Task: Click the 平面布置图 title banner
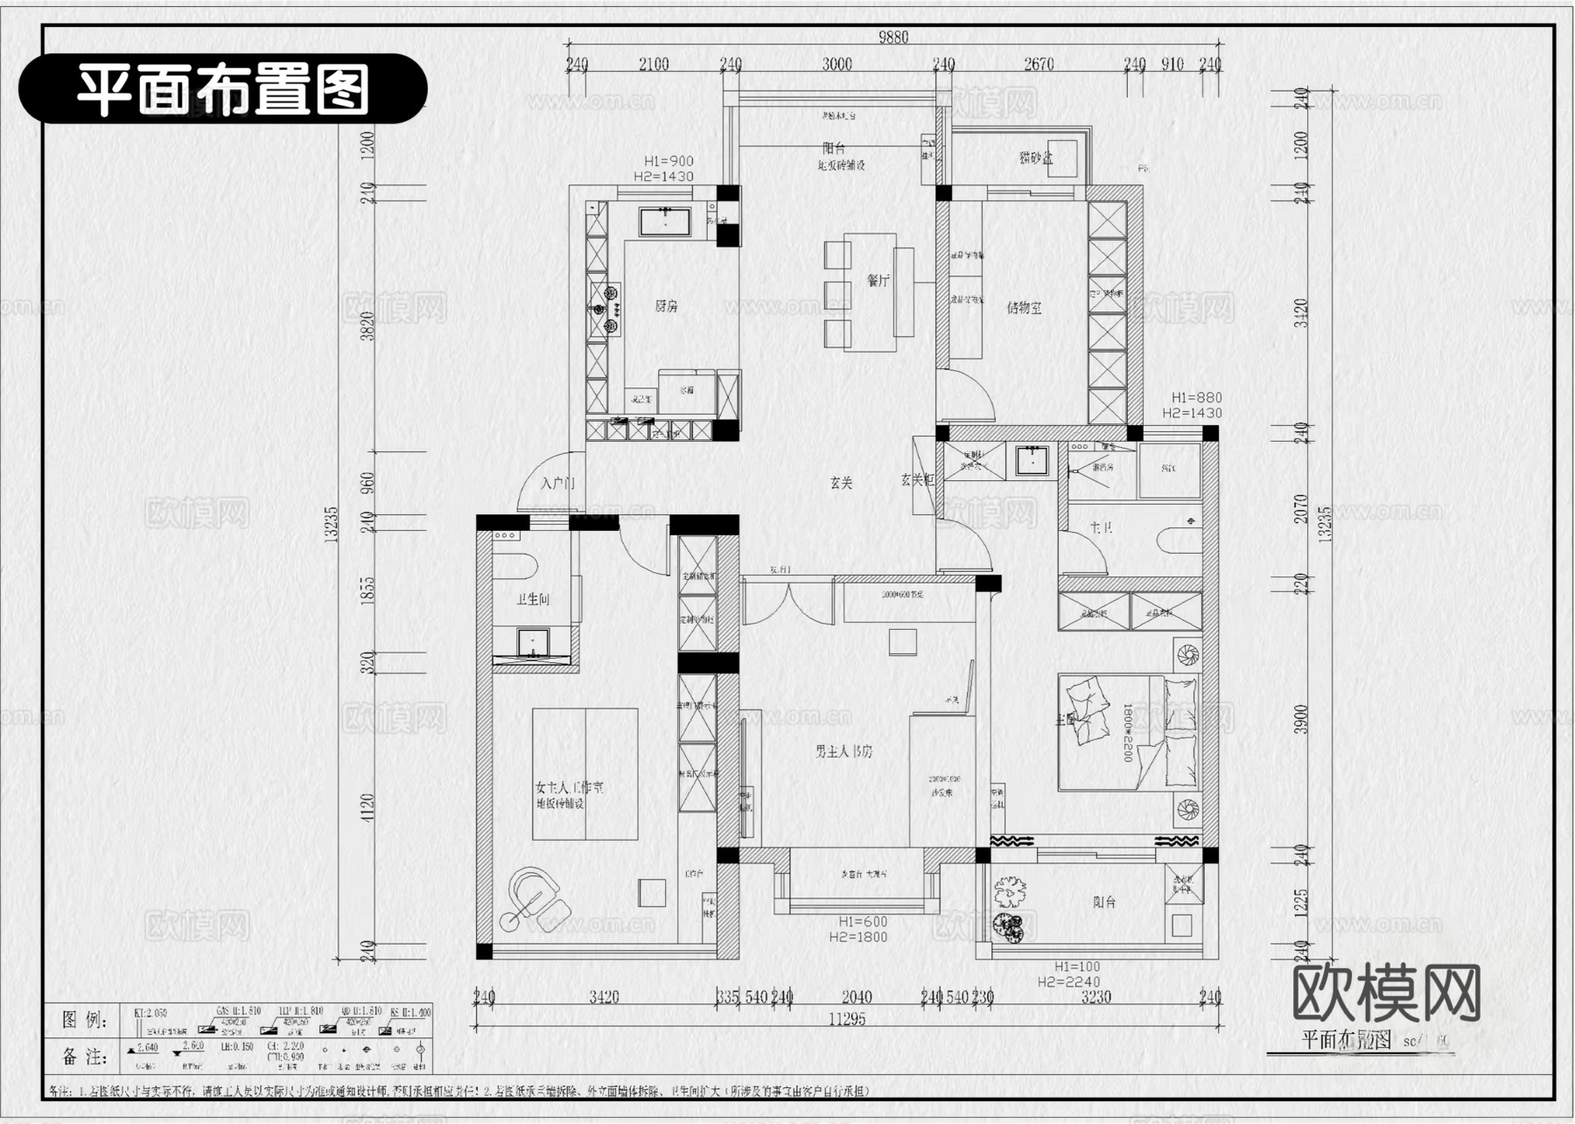click(222, 88)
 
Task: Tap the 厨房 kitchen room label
click(667, 306)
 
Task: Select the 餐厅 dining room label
click(878, 281)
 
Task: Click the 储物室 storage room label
click(1024, 308)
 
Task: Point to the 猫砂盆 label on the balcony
click(1036, 158)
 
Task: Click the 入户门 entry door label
click(557, 483)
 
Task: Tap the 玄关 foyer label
click(841, 482)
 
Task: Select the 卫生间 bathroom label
click(533, 599)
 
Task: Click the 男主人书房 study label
click(843, 751)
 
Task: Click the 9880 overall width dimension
click(893, 37)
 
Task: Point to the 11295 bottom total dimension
click(846, 1018)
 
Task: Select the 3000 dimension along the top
click(836, 64)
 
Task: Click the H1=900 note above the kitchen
click(668, 161)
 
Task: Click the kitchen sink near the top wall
click(665, 221)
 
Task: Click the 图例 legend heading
click(85, 1020)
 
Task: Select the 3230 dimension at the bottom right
click(1095, 997)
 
